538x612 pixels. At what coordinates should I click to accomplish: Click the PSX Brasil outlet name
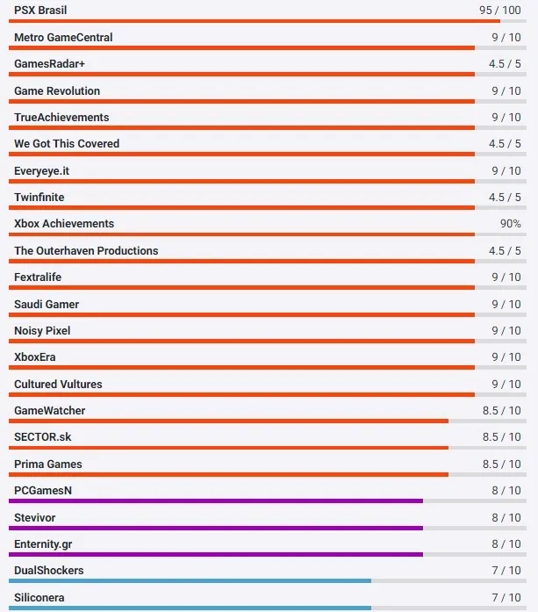[40, 11]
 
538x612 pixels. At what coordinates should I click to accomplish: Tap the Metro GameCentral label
[63, 38]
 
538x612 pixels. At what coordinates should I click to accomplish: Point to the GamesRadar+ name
[49, 64]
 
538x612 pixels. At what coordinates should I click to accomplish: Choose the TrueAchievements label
[61, 118]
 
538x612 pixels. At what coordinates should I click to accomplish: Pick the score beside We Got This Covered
[505, 144]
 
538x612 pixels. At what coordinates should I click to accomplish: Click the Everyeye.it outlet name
[41, 170]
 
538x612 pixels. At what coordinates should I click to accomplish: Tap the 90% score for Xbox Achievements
[510, 224]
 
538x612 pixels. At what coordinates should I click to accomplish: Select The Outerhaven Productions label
[86, 251]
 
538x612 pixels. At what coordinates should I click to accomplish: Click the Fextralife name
[38, 277]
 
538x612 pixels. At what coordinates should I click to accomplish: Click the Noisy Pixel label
[42, 331]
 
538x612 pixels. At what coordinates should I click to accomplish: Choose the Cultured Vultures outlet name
[58, 385]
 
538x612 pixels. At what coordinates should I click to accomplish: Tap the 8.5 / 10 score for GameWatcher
[501, 411]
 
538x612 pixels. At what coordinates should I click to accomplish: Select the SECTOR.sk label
[43, 437]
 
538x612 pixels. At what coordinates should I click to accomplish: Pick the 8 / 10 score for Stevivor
[506, 518]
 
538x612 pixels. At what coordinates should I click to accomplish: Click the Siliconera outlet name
[39, 598]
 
